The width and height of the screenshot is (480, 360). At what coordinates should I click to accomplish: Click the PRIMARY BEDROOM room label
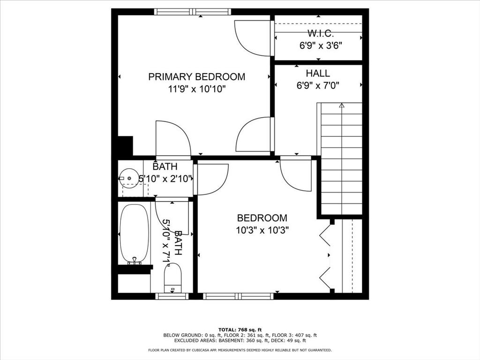pyautogui.click(x=196, y=76)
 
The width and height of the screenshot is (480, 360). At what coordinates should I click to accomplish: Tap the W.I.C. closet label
pyautogui.click(x=320, y=33)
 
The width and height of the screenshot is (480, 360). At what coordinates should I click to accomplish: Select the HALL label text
pyautogui.click(x=318, y=73)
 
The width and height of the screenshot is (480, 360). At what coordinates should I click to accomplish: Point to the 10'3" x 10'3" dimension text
pyautogui.click(x=262, y=230)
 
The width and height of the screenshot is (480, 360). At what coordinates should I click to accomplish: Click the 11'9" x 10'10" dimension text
pyautogui.click(x=197, y=89)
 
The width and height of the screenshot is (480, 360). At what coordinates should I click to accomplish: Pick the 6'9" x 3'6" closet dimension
pyautogui.click(x=321, y=45)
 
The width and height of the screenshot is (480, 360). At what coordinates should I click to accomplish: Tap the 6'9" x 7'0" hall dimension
pyautogui.click(x=318, y=85)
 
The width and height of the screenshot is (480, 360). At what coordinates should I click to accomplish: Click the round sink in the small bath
pyautogui.click(x=129, y=178)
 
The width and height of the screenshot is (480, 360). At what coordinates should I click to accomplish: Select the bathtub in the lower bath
pyautogui.click(x=135, y=233)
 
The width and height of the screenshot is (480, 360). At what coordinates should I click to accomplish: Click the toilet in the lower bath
pyautogui.click(x=173, y=278)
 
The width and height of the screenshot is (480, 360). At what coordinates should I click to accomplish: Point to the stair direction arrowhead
pyautogui.click(x=342, y=105)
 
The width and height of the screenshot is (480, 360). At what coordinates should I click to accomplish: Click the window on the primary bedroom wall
pyautogui.click(x=192, y=12)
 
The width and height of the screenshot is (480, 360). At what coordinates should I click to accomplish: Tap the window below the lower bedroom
pyautogui.click(x=238, y=296)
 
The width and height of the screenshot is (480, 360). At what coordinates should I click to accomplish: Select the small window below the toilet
pyautogui.click(x=172, y=296)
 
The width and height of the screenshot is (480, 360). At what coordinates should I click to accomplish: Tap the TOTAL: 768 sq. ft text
pyautogui.click(x=240, y=330)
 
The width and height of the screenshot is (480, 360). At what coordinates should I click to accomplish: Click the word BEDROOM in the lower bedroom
pyautogui.click(x=262, y=218)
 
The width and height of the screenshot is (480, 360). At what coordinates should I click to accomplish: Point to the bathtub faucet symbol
pyautogui.click(x=135, y=260)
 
